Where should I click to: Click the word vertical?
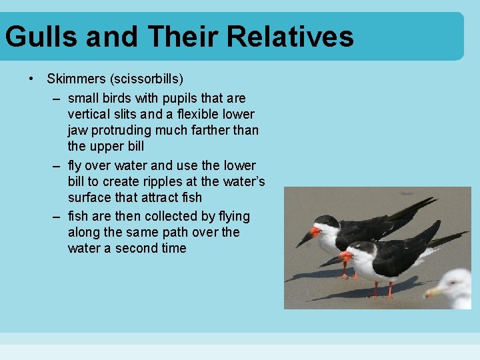[89, 114]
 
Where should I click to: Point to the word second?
[135, 248]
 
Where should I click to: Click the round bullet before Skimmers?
[32, 79]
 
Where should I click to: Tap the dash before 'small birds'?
[58, 99]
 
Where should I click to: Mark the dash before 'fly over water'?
[58, 165]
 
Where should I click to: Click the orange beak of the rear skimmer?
[314, 232]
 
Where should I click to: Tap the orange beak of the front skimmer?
[344, 256]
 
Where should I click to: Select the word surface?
[89, 197]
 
